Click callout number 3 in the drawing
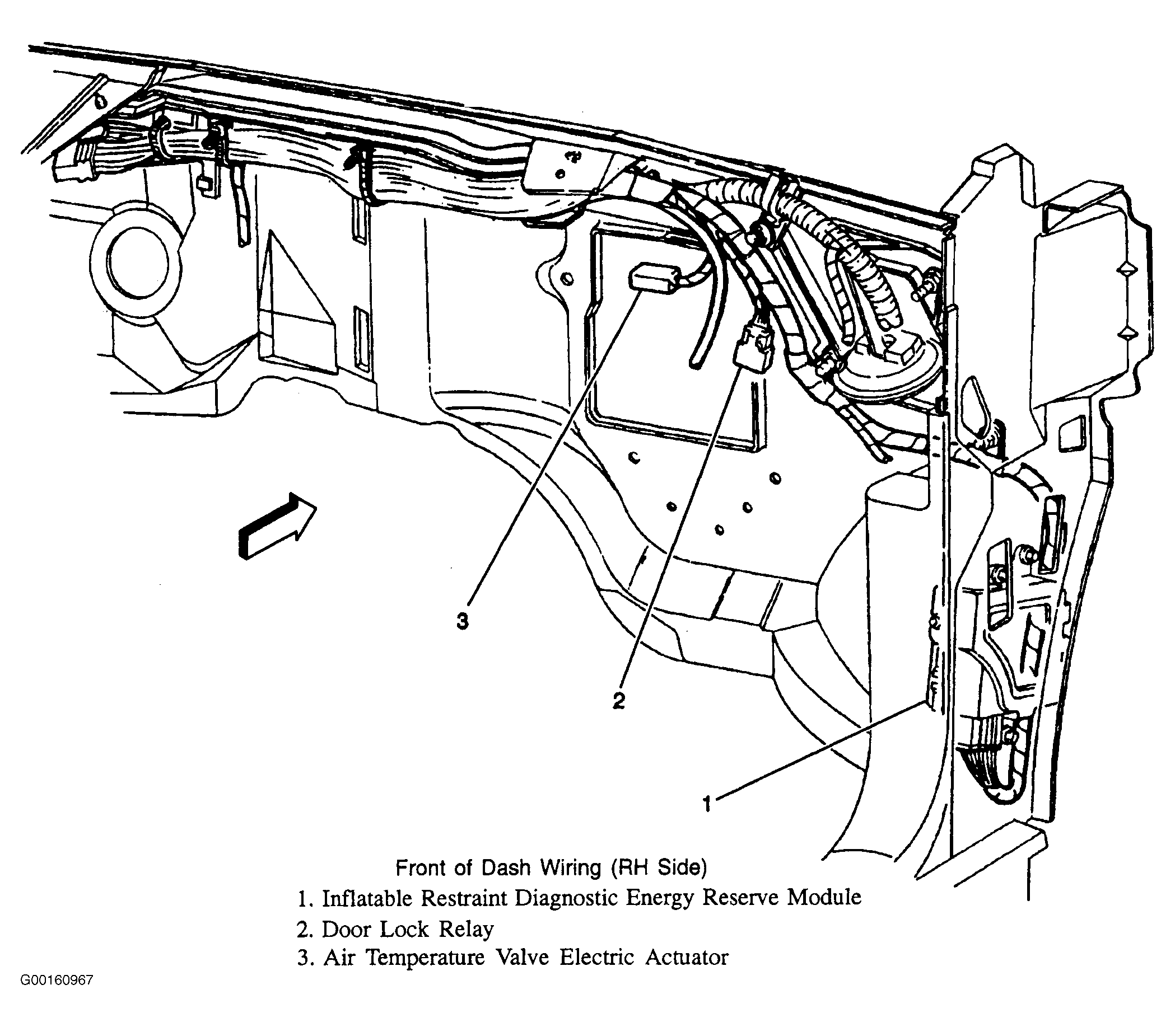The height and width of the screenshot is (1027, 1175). click(462, 621)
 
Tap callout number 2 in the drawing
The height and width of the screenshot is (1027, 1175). click(619, 700)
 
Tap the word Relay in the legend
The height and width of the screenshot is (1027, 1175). click(465, 929)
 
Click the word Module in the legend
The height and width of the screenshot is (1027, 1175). click(824, 897)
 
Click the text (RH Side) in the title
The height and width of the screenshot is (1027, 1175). click(658, 867)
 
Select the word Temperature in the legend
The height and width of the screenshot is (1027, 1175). click(426, 958)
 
